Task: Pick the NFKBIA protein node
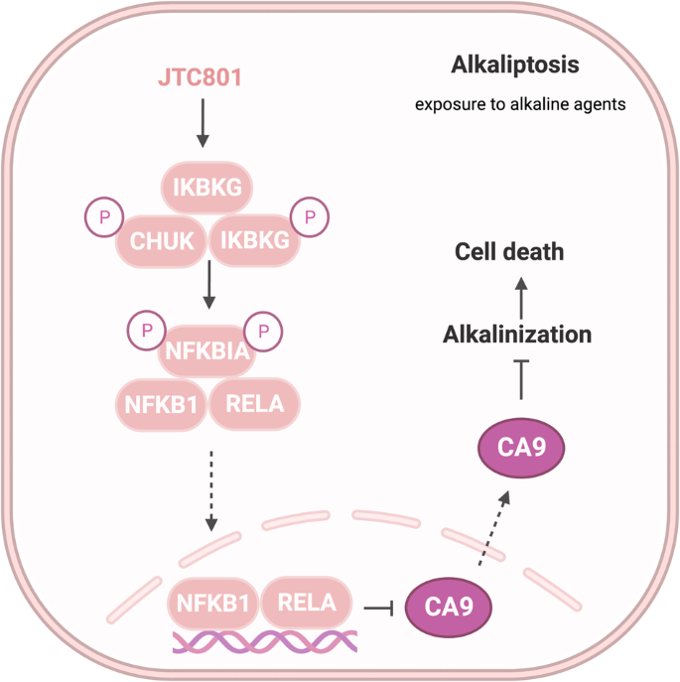(207, 349)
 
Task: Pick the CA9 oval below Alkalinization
(522, 448)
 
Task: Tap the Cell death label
(509, 251)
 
